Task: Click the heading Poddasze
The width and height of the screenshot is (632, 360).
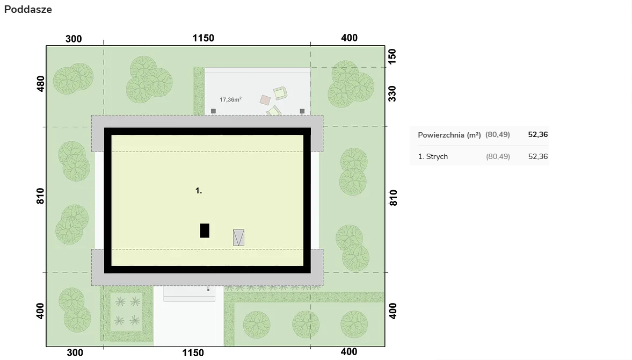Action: (x=28, y=9)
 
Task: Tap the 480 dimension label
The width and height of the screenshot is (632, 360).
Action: (x=41, y=84)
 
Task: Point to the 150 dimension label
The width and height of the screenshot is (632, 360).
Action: (x=392, y=56)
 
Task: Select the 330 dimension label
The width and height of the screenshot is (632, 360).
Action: (x=392, y=93)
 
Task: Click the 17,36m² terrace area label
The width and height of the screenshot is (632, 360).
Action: (x=230, y=99)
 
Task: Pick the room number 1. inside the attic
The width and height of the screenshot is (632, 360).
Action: (x=199, y=191)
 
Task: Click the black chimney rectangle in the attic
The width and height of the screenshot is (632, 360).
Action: (x=205, y=231)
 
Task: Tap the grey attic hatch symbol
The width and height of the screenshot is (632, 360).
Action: (x=238, y=237)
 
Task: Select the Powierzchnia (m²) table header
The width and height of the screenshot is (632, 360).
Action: (x=449, y=135)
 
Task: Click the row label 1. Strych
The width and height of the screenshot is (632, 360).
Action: (x=433, y=156)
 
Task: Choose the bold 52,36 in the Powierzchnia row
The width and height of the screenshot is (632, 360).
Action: (x=538, y=135)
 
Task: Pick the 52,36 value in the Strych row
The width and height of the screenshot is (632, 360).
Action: (x=538, y=156)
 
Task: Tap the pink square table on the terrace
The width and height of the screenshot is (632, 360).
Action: (x=265, y=99)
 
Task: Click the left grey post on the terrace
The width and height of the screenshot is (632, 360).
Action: (x=213, y=111)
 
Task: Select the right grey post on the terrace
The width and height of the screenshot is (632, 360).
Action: (x=302, y=111)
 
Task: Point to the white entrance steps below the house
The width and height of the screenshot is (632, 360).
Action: (x=189, y=294)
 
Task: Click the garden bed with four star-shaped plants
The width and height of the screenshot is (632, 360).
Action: (x=127, y=312)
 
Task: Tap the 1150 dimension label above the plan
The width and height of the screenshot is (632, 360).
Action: (x=203, y=38)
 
